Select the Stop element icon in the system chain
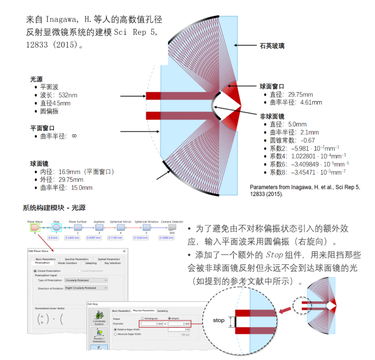[x=56, y=227]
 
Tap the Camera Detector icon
[x=172, y=228]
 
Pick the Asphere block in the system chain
[x=99, y=228]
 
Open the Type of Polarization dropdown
[x=86, y=280]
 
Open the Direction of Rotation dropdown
[x=86, y=288]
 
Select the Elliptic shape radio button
[x=170, y=318]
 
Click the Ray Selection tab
[x=113, y=262]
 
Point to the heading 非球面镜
[x=272, y=116]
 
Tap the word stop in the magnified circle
[x=219, y=321]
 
